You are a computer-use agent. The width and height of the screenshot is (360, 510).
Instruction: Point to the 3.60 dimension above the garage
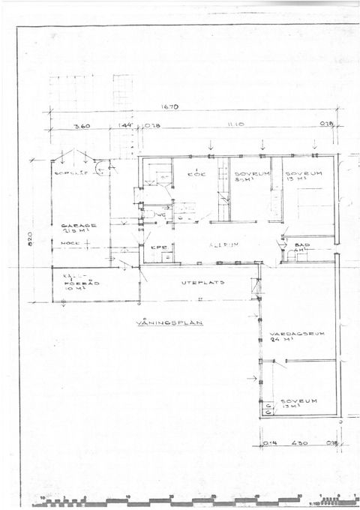82,126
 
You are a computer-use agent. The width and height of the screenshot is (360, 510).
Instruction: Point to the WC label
161,214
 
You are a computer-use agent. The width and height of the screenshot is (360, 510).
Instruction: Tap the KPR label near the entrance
157,247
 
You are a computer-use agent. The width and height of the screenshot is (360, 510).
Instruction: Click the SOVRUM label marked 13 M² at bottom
295,401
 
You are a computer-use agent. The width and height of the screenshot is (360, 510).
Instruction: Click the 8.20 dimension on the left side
31,238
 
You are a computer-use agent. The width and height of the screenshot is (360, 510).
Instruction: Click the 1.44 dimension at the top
125,126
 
